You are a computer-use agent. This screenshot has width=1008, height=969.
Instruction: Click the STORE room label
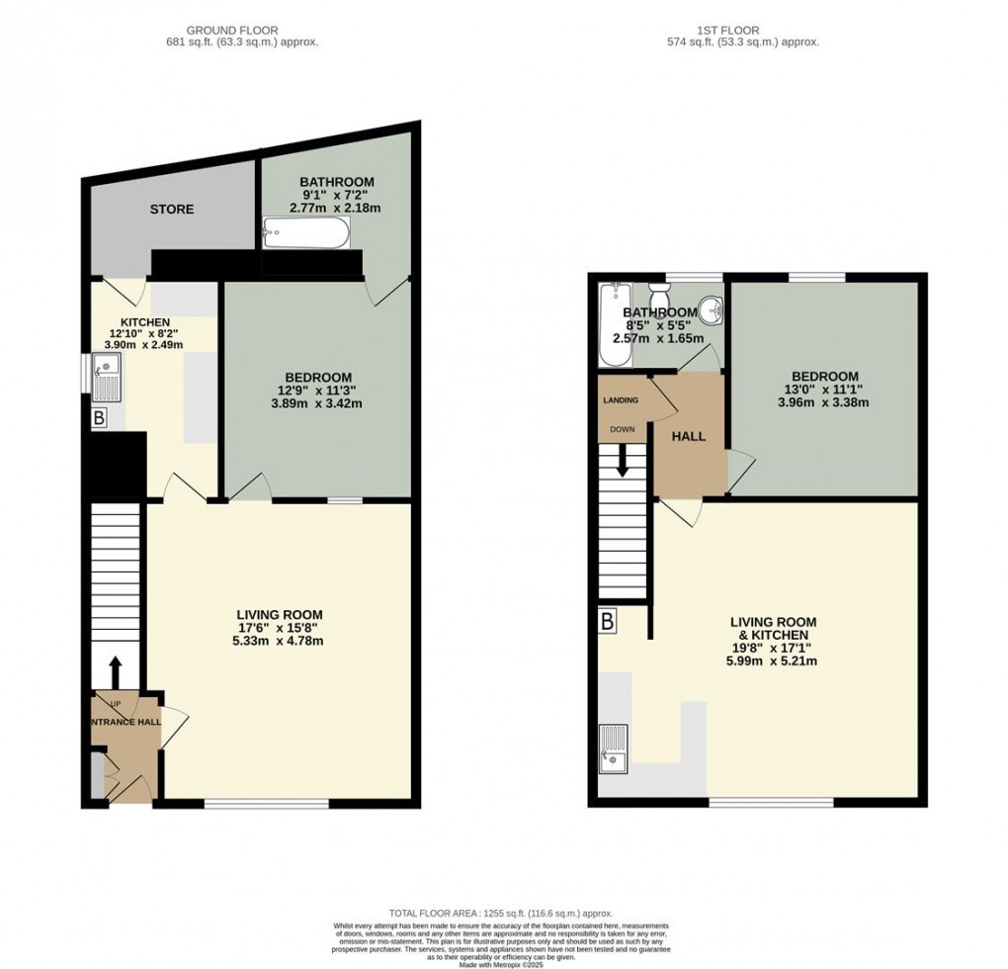click(171, 210)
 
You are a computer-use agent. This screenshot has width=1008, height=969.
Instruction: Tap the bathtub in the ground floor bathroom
click(305, 235)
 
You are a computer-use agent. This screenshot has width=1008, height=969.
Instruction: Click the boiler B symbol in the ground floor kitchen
click(98, 418)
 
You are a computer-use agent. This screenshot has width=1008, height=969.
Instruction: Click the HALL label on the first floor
click(688, 436)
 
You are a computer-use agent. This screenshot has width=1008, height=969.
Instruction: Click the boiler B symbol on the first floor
click(607, 622)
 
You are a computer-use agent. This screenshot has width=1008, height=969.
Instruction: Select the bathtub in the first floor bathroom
click(614, 324)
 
